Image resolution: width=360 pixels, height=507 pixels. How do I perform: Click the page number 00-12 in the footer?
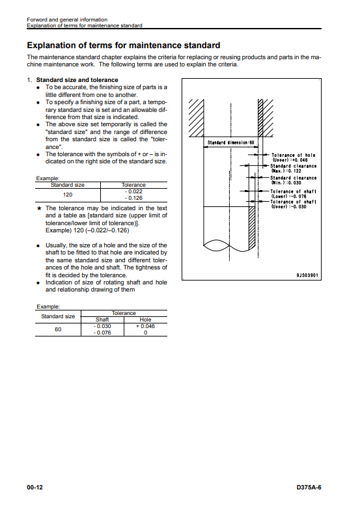35,487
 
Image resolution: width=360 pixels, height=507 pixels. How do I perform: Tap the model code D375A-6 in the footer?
309,487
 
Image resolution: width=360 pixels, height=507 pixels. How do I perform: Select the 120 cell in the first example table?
68,195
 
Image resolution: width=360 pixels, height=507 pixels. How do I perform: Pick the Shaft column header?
102,320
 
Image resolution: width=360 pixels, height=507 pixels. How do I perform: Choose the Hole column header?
145,320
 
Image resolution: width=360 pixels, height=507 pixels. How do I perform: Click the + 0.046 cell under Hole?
145,326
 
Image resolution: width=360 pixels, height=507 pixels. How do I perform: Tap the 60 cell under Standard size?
58,329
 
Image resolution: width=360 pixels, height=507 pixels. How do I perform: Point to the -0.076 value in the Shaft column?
102,333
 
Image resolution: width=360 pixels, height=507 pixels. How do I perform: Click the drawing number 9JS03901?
307,275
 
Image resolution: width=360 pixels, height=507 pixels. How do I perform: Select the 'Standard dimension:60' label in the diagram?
230,143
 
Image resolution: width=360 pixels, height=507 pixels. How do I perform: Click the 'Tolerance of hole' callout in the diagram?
293,158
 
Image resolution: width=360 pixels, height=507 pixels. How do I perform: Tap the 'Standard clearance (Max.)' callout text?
294,169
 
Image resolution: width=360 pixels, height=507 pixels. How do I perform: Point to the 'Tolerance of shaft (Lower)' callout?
294,194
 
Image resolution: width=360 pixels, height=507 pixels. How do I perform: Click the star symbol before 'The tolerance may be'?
39,208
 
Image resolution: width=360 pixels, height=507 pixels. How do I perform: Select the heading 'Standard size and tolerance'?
77,80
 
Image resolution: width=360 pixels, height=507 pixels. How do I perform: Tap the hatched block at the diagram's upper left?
196,118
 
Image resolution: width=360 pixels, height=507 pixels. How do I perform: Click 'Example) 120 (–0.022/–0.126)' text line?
87,230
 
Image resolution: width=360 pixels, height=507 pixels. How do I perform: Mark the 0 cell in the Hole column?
146,333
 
